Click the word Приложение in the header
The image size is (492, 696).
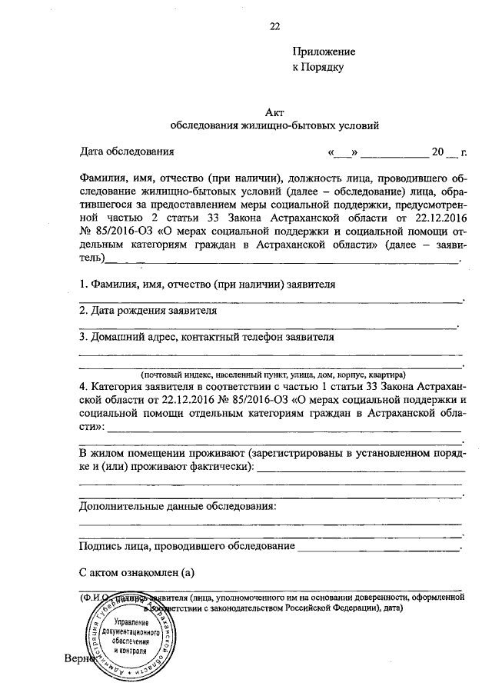point(323,52)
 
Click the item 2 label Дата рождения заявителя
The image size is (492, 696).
point(148,311)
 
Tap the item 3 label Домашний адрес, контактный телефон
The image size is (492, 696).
point(207,337)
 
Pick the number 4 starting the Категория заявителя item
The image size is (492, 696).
point(82,386)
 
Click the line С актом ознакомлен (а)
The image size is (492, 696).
point(133,572)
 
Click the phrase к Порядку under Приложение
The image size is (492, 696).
point(317,67)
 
